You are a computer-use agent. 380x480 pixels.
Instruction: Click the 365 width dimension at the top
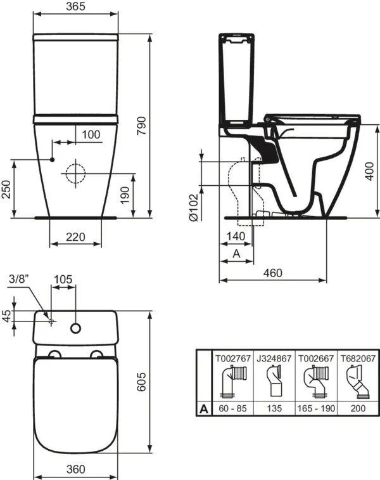click(x=75, y=7)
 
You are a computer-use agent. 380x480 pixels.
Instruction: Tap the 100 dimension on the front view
click(x=91, y=134)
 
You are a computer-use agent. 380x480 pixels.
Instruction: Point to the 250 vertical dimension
click(x=7, y=189)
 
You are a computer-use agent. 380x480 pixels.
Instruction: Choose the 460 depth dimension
click(x=272, y=273)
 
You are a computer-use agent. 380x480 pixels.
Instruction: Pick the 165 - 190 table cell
click(x=316, y=410)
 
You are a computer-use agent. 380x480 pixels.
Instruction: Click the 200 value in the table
click(x=357, y=410)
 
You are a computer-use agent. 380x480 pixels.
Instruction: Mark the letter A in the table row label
click(x=203, y=410)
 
